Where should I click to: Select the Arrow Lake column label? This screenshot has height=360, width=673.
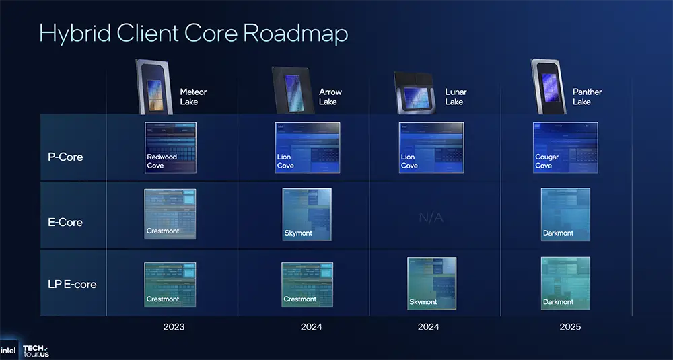click(330, 97)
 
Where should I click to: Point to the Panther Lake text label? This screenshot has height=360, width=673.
click(587, 97)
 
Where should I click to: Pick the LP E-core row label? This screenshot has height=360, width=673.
click(71, 284)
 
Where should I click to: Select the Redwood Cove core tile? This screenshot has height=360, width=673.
click(170, 147)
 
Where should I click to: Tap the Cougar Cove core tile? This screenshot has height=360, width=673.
click(565, 147)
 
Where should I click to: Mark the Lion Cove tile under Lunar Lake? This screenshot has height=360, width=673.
click(431, 147)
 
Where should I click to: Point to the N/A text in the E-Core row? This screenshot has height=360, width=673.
click(431, 218)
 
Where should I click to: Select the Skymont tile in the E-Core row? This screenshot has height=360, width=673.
click(307, 214)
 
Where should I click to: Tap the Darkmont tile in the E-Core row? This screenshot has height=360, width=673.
click(565, 214)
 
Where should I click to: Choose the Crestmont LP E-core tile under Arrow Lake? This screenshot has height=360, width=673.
click(307, 284)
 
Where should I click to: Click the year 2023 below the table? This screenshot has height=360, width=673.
click(174, 327)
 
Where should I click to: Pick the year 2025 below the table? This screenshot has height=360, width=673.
click(569, 327)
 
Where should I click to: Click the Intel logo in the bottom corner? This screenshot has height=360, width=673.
click(9, 350)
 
